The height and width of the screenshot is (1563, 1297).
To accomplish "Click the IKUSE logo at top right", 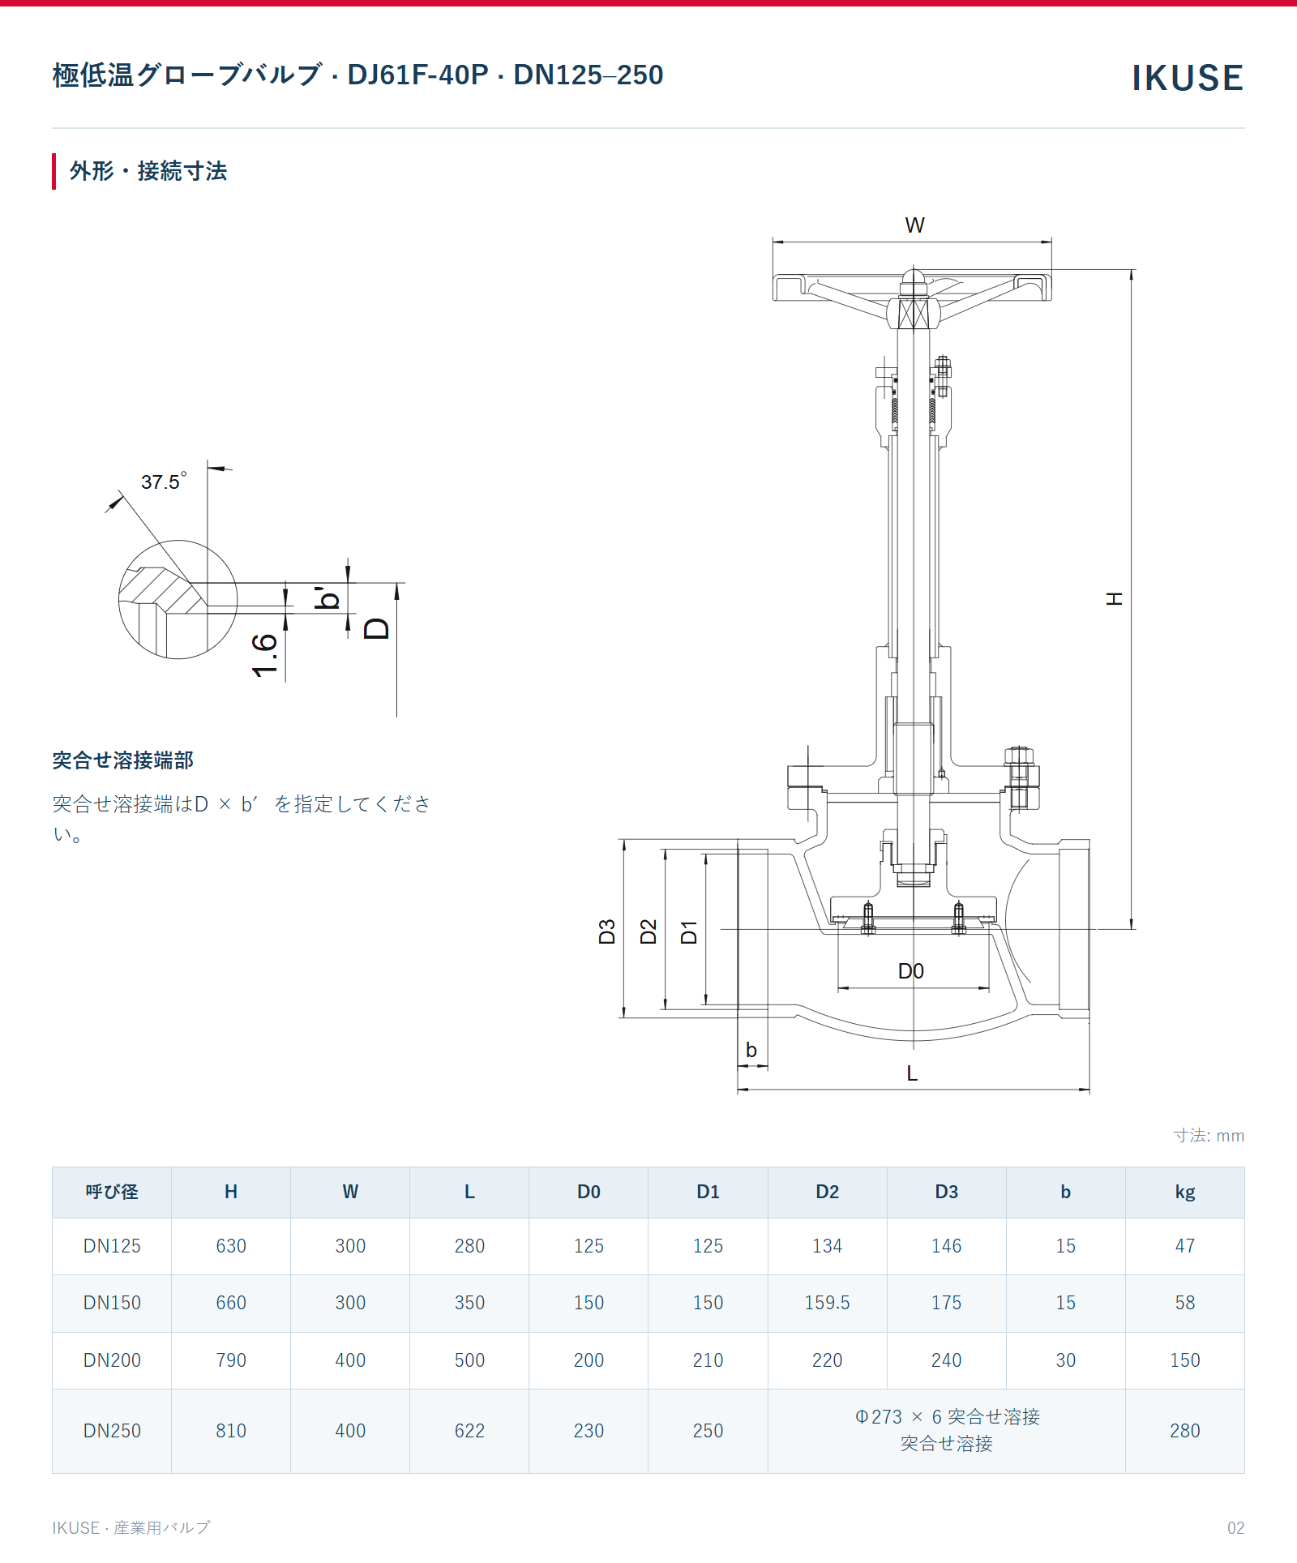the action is pos(1187,78).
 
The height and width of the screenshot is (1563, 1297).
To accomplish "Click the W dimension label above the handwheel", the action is pos(914,225).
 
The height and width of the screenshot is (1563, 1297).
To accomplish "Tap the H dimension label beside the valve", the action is pos(1115,599).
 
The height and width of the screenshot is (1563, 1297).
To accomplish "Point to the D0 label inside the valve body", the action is pos(911,971).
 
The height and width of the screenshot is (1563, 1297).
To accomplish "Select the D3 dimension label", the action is pos(606,932).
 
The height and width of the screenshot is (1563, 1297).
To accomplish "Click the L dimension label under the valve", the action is pos(912,1073).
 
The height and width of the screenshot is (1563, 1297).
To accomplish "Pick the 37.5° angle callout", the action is pos(164,482).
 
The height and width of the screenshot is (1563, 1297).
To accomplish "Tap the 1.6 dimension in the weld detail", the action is pos(265,656).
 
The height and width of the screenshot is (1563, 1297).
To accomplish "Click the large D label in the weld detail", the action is pos(377,628).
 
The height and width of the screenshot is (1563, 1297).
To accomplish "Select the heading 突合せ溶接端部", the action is pos(123,760).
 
